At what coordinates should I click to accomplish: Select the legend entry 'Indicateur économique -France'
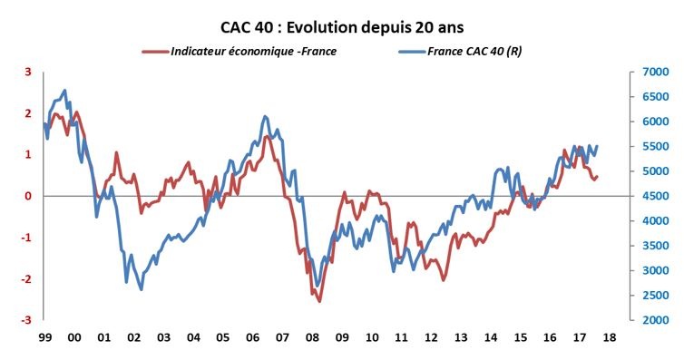(253, 51)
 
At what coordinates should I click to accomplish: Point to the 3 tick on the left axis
(27, 72)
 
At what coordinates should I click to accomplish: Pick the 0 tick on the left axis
(27, 196)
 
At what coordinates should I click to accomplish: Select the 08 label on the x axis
(311, 337)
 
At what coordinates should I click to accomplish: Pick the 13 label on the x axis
(460, 337)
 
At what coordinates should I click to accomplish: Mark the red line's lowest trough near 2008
(319, 300)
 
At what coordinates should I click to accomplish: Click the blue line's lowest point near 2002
(141, 289)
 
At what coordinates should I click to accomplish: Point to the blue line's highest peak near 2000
(64, 91)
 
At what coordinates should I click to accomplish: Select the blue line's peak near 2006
(264, 116)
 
